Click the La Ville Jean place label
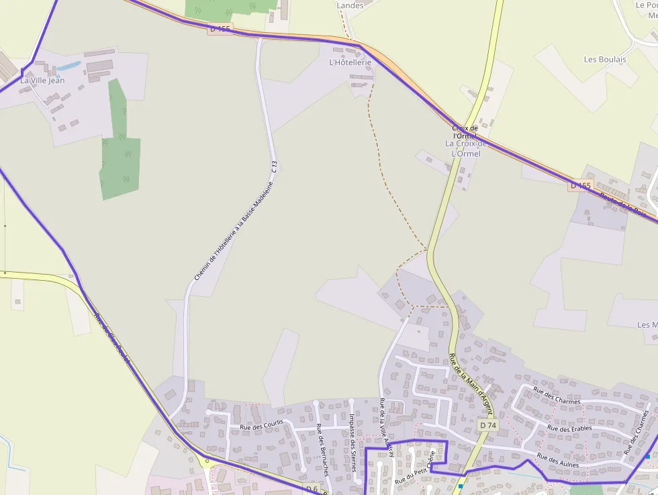pyautogui.click(x=42, y=81)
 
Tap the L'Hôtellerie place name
pyautogui.click(x=350, y=62)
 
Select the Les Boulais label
pyautogui.click(x=605, y=59)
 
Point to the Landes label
pyautogui.click(x=350, y=5)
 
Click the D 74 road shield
pyautogui.click(x=488, y=425)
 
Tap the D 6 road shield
pyautogui.click(x=311, y=489)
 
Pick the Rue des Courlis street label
pyautogui.click(x=261, y=424)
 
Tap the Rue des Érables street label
pyautogui.click(x=569, y=428)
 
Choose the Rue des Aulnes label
pyautogui.click(x=558, y=460)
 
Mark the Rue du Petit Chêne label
pyautogui.click(x=415, y=468)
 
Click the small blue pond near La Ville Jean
pyautogui.click(x=68, y=66)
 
